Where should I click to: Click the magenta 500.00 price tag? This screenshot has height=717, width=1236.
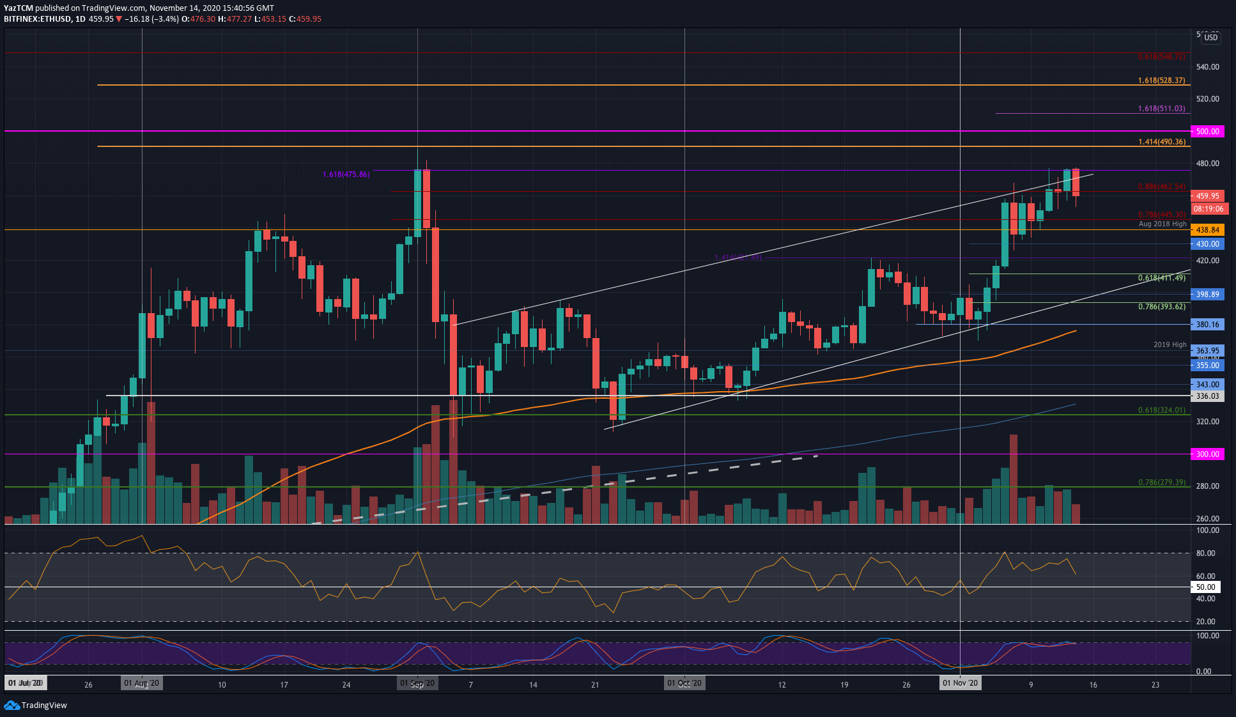[x=1207, y=131]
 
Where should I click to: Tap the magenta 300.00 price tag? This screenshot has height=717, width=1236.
[x=1207, y=454]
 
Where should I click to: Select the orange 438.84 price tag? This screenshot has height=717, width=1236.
[x=1207, y=229]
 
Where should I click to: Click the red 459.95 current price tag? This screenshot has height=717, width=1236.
[x=1207, y=196]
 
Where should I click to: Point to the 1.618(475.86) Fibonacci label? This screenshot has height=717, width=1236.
[x=346, y=174]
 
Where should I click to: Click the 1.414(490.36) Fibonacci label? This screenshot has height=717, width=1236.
[x=1161, y=142]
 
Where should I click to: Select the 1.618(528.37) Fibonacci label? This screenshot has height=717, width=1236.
[x=1161, y=81]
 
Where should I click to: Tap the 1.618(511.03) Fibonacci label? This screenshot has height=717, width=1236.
[x=1161, y=109]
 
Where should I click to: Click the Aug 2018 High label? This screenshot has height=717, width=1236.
[x=1162, y=224]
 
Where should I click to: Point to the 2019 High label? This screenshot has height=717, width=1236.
[x=1170, y=344]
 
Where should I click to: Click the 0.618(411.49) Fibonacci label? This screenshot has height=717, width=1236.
[x=1161, y=278]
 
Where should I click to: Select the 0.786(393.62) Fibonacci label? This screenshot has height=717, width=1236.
[x=1161, y=307]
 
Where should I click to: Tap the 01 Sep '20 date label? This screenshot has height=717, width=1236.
[x=417, y=683]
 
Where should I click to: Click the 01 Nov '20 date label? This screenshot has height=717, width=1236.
[x=960, y=683]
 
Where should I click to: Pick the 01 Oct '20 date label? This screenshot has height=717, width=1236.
[x=684, y=683]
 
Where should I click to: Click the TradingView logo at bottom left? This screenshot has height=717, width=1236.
[x=36, y=705]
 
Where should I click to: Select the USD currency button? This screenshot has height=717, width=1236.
[x=1210, y=38]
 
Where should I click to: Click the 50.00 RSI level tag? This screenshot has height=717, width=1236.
[x=1205, y=587]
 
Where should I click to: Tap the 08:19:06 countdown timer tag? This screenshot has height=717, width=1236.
[x=1209, y=209]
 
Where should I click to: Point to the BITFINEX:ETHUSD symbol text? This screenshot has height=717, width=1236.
[x=37, y=19]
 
